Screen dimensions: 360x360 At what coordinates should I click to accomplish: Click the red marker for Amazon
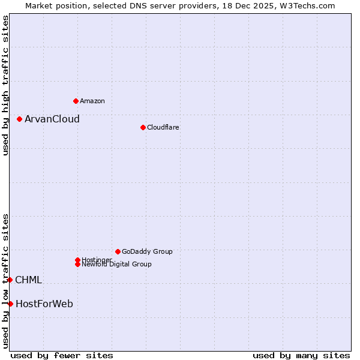click(76, 101)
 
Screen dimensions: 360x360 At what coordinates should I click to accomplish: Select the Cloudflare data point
click(143, 127)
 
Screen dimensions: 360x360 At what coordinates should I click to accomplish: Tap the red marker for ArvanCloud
click(19, 119)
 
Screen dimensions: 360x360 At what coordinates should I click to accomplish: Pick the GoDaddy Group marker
click(118, 251)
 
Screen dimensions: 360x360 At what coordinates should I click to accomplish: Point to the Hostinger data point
click(77, 260)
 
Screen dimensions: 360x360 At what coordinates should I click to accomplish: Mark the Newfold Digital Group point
click(77, 264)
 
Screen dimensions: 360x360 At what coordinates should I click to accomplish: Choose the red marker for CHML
click(10, 280)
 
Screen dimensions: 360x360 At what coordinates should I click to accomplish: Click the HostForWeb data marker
click(10, 304)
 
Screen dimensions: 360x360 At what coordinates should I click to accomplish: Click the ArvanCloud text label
click(52, 119)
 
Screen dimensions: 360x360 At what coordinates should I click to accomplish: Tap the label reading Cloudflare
click(163, 127)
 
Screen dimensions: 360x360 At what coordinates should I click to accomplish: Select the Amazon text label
click(92, 101)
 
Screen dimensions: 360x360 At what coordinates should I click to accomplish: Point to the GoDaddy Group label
click(147, 251)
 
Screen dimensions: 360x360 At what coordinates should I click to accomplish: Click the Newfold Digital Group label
click(117, 265)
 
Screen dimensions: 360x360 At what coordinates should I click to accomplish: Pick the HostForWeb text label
click(44, 304)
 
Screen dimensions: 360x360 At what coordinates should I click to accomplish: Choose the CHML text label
click(29, 280)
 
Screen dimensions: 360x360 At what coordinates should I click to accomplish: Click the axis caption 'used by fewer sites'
click(62, 355)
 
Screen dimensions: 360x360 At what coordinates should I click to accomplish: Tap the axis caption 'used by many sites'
click(301, 355)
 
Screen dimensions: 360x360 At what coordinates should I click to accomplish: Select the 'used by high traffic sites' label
click(5, 85)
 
